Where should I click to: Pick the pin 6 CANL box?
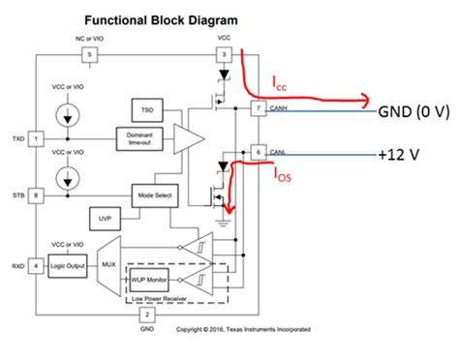[x=257, y=153]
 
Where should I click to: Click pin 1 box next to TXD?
[x=36, y=138]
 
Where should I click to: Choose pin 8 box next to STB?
[x=36, y=195]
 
